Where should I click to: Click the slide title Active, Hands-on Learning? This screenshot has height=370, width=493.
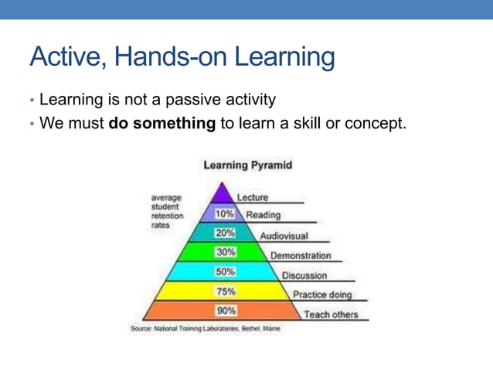click(x=182, y=57)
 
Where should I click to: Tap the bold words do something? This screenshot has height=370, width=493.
click(x=161, y=122)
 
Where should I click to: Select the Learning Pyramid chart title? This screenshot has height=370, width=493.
click(x=247, y=165)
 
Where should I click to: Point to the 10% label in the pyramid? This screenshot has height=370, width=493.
click(x=225, y=214)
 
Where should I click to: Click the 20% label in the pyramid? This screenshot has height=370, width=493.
click(x=225, y=233)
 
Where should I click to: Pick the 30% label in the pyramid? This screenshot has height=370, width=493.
click(x=225, y=252)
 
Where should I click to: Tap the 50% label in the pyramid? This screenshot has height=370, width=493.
click(x=225, y=272)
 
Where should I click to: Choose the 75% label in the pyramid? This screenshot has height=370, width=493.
click(x=225, y=292)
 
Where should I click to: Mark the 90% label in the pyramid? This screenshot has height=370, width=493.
click(x=225, y=311)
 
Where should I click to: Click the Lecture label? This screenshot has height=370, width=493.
click(x=253, y=197)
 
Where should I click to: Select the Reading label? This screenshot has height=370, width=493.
click(x=263, y=215)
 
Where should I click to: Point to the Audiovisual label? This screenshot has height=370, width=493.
click(x=284, y=235)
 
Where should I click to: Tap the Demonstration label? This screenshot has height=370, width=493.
click(x=301, y=255)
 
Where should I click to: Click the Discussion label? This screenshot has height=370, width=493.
click(x=304, y=276)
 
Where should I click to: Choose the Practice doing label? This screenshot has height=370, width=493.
click(x=322, y=295)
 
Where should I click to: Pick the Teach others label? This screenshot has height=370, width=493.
click(x=331, y=314)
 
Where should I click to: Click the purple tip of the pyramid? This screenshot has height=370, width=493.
click(x=224, y=194)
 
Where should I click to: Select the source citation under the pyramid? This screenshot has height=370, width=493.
click(x=206, y=329)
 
